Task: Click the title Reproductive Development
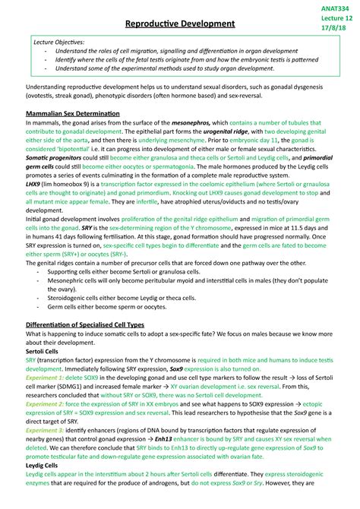tap(179, 24)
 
